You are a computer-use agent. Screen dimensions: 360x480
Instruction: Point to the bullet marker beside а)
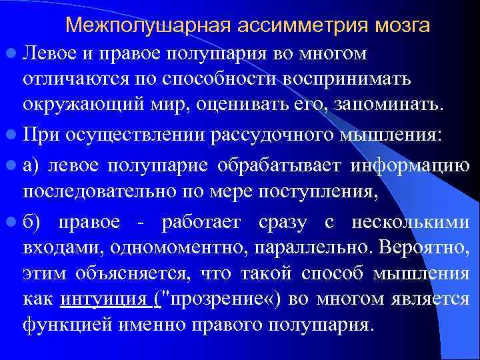click(x=13, y=165)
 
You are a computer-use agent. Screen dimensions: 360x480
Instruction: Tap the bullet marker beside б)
click(x=13, y=221)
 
